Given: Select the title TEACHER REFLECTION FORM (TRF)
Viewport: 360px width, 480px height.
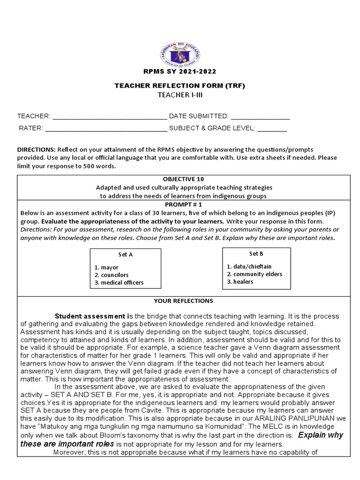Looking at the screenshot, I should point(180,86).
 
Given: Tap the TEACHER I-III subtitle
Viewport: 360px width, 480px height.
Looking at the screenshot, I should point(180,95).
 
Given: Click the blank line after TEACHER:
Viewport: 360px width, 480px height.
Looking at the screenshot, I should point(109,116).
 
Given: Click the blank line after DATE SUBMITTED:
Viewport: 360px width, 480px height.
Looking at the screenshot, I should point(260,116).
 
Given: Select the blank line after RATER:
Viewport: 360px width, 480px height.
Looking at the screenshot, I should point(105,127).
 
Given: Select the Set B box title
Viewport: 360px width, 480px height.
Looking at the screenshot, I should point(256,254).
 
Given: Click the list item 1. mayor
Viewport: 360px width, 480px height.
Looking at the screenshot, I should point(106,267).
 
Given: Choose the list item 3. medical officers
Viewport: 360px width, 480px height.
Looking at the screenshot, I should point(119,283).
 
